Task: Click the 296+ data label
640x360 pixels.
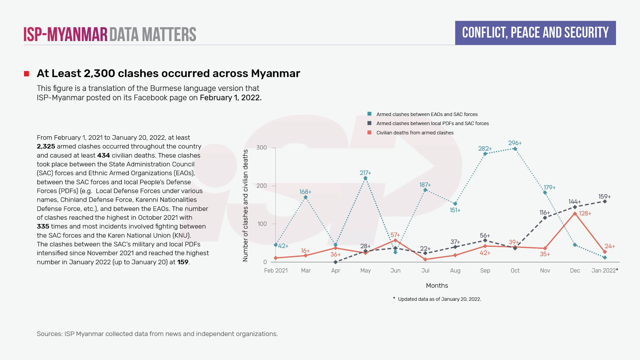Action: [515, 143]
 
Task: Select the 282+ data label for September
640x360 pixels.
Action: [485, 149]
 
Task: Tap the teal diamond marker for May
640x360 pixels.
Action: [365, 178]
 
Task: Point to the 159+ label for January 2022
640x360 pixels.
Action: [604, 197]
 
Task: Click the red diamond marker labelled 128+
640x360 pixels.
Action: [575, 214]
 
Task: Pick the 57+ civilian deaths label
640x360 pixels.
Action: [395, 235]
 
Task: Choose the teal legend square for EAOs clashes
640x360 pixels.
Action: [369, 114]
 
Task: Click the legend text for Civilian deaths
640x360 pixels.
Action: [415, 133]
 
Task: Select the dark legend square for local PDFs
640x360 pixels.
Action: [369, 123]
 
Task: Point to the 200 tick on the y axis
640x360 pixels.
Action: [261, 186]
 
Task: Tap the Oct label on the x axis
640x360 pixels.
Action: [515, 270]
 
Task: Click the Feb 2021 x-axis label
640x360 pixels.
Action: [276, 270]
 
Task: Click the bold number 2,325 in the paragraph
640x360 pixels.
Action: [46, 146]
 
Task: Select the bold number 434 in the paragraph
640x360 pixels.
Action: [103, 155]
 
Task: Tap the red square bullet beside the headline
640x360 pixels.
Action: [26, 74]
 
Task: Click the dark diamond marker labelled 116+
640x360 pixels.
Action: [545, 218]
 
